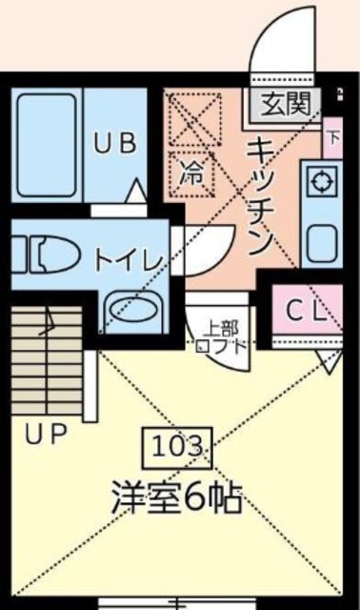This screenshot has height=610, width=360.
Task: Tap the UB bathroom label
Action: point(115,144)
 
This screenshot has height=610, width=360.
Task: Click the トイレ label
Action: point(129,257)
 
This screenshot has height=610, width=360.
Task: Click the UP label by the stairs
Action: point(44,436)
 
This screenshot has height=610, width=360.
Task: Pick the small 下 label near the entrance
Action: point(332,135)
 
